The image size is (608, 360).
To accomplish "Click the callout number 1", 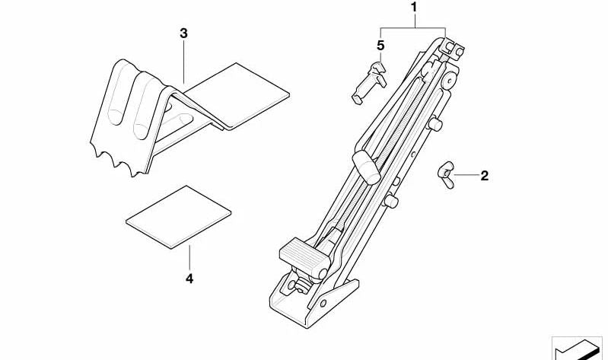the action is click(414, 8).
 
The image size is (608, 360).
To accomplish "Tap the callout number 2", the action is click(484, 176).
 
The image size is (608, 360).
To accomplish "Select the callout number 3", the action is click(183, 33).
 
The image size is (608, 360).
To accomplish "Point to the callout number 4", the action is click(189, 279).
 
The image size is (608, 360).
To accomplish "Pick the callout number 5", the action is click(380, 46).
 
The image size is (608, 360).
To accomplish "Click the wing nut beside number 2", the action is click(446, 174).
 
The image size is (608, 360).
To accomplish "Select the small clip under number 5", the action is click(369, 83).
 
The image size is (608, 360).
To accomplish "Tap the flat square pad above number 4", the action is click(178, 217).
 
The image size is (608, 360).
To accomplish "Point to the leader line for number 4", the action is click(189, 257).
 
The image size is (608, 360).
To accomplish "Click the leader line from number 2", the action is click(466, 175).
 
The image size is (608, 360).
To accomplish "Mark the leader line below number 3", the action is click(183, 62).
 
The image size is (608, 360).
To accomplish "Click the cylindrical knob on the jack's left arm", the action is click(367, 167).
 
